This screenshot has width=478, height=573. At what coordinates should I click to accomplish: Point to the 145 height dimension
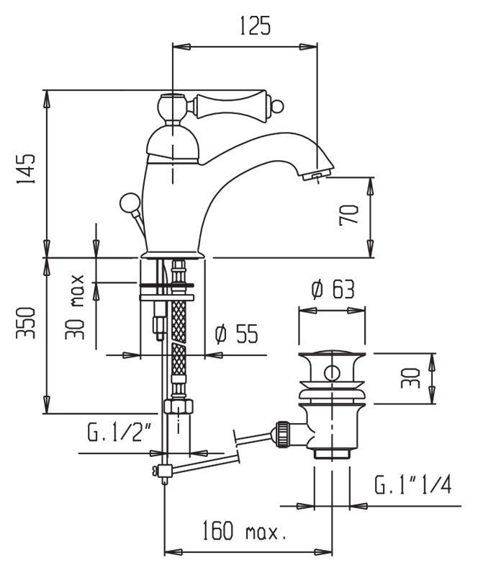coord(26,170)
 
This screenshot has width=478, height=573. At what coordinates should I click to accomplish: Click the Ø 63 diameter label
coord(333,290)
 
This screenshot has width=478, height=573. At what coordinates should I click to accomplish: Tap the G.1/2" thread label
coord(119,433)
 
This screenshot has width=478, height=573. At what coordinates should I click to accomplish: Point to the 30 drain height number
coord(410,378)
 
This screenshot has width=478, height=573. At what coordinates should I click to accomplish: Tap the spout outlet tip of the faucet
coord(317,174)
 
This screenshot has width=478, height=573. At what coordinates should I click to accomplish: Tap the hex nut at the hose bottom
coord(178,406)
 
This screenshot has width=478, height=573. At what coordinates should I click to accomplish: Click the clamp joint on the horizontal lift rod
coord(163,472)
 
